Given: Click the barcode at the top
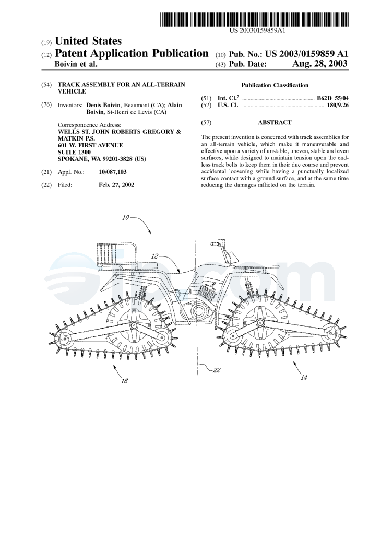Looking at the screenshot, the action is [254, 19].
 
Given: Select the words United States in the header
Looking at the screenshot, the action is [88, 41].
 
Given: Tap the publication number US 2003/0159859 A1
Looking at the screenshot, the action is [306, 54].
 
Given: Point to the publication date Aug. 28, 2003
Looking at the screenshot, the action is [319, 64].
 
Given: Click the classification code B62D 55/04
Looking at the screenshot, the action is [332, 98].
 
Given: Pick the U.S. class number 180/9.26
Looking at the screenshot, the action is [338, 106].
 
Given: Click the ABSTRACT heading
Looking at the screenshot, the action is [275, 122].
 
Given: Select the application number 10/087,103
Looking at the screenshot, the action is [112, 172].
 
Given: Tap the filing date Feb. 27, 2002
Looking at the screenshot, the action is [116, 185].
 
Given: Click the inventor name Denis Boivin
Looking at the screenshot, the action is [104, 105].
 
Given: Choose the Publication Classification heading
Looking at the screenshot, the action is [275, 85].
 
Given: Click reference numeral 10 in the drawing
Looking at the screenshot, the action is [126, 217].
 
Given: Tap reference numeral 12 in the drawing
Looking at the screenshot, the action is [154, 256].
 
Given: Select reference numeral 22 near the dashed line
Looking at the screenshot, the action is [217, 370].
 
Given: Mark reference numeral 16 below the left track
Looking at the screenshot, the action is [124, 381].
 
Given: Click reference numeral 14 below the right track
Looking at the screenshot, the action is [304, 378].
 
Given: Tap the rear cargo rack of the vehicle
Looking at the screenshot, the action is [117, 256].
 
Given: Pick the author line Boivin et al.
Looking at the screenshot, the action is [76, 64].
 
